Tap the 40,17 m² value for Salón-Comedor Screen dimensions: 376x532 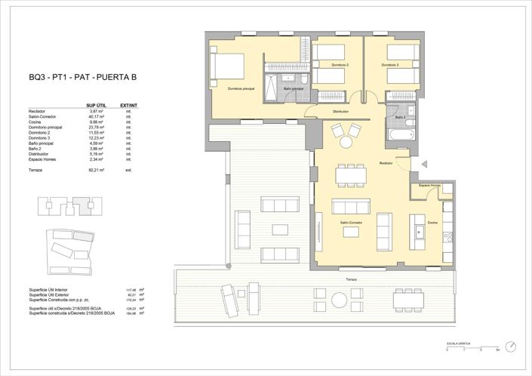(x=95, y=116)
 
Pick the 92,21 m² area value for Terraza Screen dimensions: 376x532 (x=95, y=171)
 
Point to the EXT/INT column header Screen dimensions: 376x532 (x=128, y=105)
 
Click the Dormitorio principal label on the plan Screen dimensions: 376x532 (x=241, y=89)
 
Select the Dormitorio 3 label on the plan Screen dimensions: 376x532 (x=389, y=65)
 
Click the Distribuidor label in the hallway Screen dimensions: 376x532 (x=340, y=112)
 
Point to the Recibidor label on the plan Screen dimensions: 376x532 (x=387, y=163)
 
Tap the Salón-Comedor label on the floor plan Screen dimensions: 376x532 (x=352, y=224)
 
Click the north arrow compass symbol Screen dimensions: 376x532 (x=512, y=346)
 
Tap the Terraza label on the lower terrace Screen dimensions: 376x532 (x=351, y=280)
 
